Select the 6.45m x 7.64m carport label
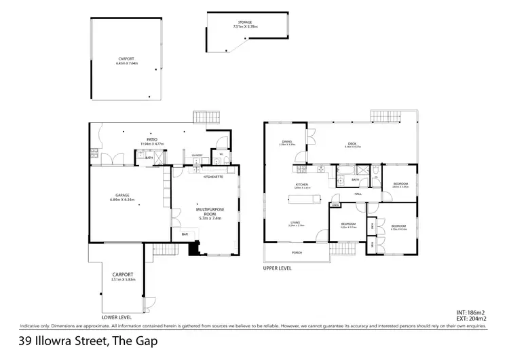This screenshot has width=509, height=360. coord(127,60)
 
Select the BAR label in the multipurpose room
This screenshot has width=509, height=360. coord(184,234)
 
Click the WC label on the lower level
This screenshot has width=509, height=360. coord(221,154)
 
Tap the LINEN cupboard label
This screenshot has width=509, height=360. coord(335,204)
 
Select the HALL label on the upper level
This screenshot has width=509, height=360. coord(357,194)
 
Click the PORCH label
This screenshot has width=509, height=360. coord(297,255)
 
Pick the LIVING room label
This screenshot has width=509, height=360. coord(296,222)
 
